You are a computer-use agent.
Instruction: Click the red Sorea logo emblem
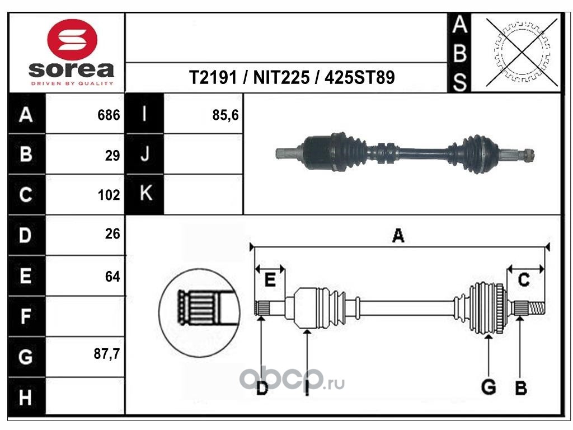pyautogui.click(x=72, y=40)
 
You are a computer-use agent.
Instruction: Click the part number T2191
pyautogui.click(x=213, y=77)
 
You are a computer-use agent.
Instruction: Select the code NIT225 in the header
pyautogui.click(x=281, y=77)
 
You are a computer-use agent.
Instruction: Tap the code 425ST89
pyautogui.click(x=360, y=77)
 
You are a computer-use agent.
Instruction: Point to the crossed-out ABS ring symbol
pyautogui.click(x=522, y=52)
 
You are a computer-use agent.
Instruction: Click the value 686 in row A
pyautogui.click(x=109, y=115)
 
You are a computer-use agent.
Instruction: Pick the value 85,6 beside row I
pyautogui.click(x=225, y=115)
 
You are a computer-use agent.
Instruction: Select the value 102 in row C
pyautogui.click(x=109, y=195)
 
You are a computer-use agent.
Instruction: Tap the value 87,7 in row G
pyautogui.click(x=107, y=354)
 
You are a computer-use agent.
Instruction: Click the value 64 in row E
pyautogui.click(x=112, y=277)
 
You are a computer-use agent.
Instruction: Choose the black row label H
pyautogui.click(x=26, y=398)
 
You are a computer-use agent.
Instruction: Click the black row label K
pyautogui.click(x=145, y=193)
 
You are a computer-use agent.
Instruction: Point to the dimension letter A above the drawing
pyautogui.click(x=398, y=236)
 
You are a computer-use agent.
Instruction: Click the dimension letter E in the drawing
pyautogui.click(x=270, y=280)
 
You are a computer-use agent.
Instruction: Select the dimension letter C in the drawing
pyautogui.click(x=524, y=280)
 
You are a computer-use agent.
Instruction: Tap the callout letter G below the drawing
pyautogui.click(x=489, y=387)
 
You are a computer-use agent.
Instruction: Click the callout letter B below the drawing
pyautogui.click(x=521, y=387)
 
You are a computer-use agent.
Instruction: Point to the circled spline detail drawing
pyautogui.click(x=200, y=312)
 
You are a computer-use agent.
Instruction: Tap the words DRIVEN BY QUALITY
pyautogui.click(x=72, y=84)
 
